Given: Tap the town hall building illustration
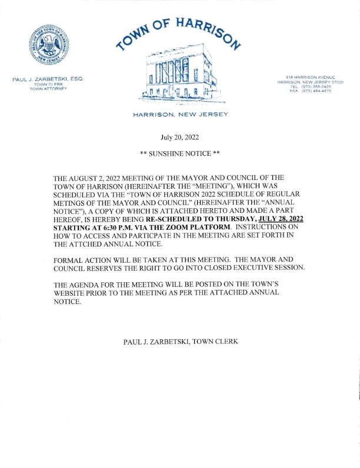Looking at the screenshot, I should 179,76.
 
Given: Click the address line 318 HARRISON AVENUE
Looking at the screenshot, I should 310,78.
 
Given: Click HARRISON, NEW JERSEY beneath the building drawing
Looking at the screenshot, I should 180,113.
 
